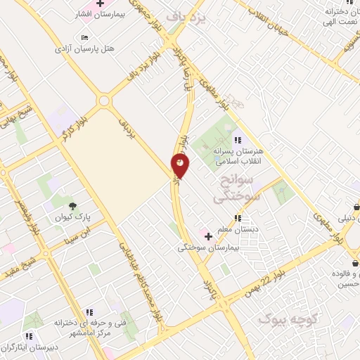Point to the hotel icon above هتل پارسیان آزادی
click(x=85, y=37)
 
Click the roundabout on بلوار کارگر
click(x=105, y=101)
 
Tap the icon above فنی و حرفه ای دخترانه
click(x=89, y=311)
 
